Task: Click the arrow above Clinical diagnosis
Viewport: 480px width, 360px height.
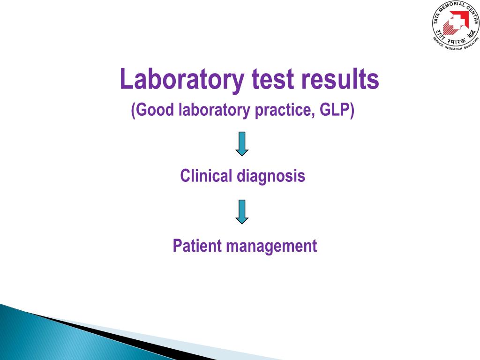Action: [242, 143]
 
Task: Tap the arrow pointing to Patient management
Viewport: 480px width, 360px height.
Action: [242, 212]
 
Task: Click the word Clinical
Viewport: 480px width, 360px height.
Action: [206, 176]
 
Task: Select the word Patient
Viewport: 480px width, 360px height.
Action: [195, 246]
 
